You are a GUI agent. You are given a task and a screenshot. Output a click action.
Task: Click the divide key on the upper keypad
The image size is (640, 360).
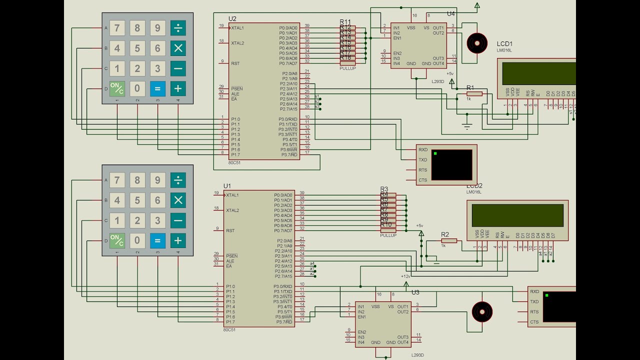tap(177, 28)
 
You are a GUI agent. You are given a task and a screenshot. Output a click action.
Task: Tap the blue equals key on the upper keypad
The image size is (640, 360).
tap(157, 89)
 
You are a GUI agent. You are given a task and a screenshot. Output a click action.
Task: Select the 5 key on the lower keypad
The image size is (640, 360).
tap(137, 200)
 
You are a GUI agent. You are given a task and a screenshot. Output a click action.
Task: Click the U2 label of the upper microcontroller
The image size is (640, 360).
tap(232, 19)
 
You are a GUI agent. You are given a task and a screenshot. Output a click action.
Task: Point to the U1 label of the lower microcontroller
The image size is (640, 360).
tap(227, 186)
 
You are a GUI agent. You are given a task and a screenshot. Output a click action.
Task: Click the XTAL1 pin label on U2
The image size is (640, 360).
tap(237, 28)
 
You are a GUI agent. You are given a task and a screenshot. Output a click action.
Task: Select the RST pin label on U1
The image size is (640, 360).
tap(230, 231)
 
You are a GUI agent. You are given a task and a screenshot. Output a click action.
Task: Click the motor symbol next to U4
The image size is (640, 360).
tap(477, 43)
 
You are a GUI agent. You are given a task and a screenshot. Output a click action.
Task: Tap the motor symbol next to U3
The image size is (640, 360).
tap(482, 312)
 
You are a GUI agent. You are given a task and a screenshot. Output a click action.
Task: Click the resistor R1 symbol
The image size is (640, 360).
tap(474, 93)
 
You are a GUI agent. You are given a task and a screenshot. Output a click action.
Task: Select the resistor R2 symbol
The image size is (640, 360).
tap(449, 240)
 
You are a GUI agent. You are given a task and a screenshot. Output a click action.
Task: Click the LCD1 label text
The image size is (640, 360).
tap(504, 44)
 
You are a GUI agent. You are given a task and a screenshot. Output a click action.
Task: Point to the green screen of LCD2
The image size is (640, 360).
tap(517, 215)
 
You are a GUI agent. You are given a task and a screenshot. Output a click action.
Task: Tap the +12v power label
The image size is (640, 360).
tap(405, 276)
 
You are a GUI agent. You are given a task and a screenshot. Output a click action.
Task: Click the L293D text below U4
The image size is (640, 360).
tap(437, 80)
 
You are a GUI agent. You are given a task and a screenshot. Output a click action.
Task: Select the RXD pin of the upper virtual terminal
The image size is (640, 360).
tap(423, 150)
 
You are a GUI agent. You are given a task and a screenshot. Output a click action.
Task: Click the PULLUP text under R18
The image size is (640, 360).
tap(347, 68)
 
